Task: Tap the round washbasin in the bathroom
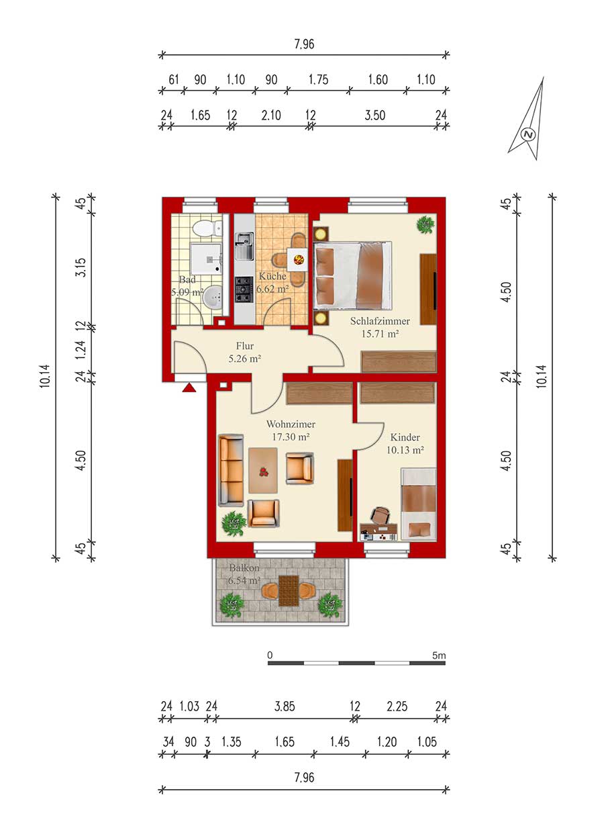213,298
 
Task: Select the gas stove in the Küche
244,289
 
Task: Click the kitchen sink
244,246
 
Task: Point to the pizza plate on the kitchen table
299,259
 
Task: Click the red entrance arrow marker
189,388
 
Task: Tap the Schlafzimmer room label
380,321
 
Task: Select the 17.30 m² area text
291,437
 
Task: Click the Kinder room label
405,437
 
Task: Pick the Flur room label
245,346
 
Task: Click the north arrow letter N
528,134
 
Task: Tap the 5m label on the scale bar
439,655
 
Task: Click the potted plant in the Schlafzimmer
425,224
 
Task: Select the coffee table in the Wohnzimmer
263,470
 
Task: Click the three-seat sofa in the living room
231,470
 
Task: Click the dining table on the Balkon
289,591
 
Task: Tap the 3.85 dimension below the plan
285,706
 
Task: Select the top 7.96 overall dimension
305,44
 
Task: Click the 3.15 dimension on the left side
81,267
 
